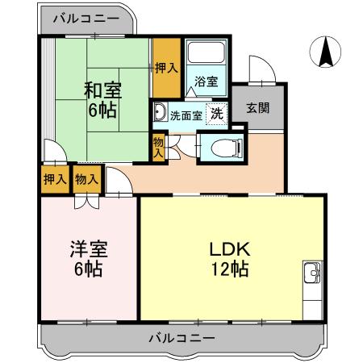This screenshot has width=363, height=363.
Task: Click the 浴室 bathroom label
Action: [x=207, y=81]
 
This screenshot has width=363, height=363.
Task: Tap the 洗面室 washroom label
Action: [x=185, y=114]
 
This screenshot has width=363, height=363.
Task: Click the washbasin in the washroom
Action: [x=160, y=112]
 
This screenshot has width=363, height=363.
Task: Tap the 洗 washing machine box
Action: [x=217, y=113]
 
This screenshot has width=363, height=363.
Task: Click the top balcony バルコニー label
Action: [x=89, y=18]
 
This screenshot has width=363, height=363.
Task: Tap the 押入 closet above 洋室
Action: [x=54, y=179]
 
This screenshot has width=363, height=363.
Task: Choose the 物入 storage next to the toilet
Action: [x=158, y=148]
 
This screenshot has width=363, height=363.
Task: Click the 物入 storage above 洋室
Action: [x=85, y=179]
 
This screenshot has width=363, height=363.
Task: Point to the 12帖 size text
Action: [x=231, y=268]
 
